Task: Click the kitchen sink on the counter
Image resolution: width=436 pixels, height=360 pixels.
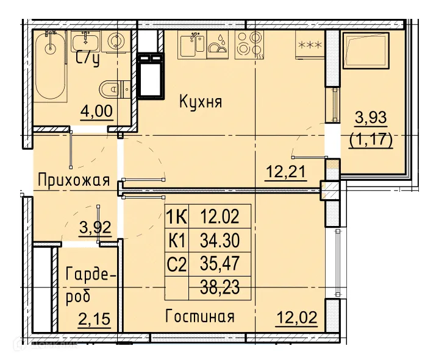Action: click(x=191, y=44)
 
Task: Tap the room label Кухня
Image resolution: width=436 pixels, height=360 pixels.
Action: click(x=201, y=102)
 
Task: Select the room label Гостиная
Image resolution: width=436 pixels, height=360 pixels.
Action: click(x=199, y=317)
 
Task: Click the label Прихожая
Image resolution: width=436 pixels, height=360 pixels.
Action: click(x=73, y=180)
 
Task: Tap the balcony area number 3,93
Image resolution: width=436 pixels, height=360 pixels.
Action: click(x=370, y=116)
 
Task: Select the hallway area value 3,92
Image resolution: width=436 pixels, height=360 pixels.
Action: click(x=96, y=228)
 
